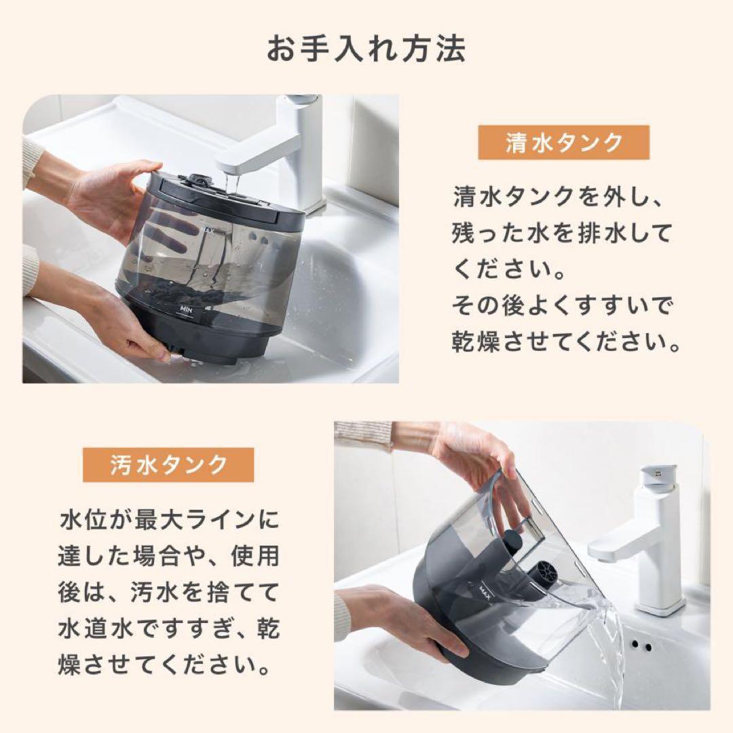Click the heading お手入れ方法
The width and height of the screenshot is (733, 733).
pos(366,50)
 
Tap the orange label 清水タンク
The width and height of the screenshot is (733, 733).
pos(563,143)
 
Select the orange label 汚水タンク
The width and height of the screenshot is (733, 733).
pos(168,465)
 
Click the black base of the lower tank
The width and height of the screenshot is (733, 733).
pos(462,631)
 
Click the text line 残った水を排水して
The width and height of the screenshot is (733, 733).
pos(562,233)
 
